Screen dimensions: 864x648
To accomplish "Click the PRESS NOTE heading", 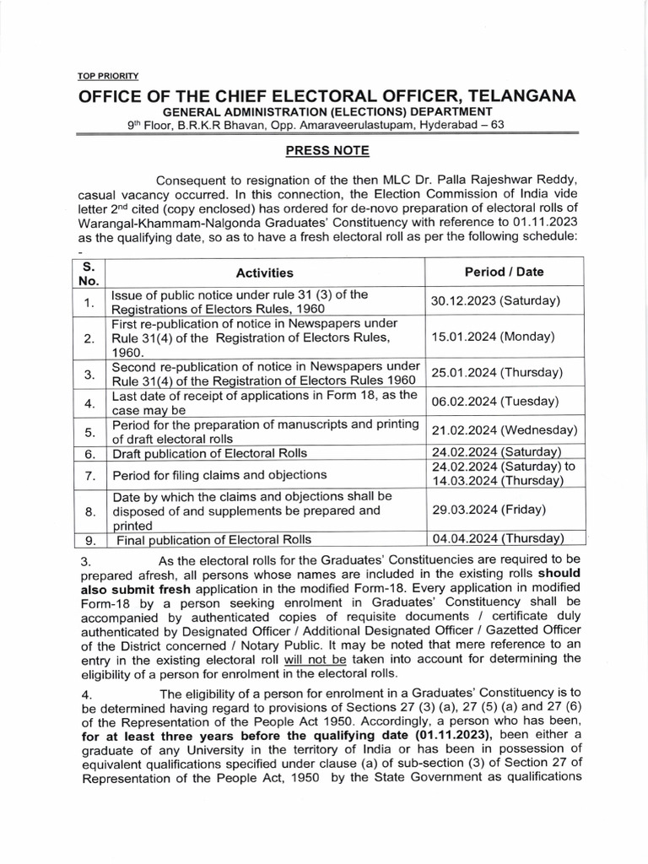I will point(324,152).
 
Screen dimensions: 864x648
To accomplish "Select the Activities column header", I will point(265,273).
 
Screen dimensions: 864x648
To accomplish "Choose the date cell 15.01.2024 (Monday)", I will point(493,337).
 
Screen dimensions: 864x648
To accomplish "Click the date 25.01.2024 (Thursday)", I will point(496,372).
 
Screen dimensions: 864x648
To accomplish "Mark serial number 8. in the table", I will point(89,510).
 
